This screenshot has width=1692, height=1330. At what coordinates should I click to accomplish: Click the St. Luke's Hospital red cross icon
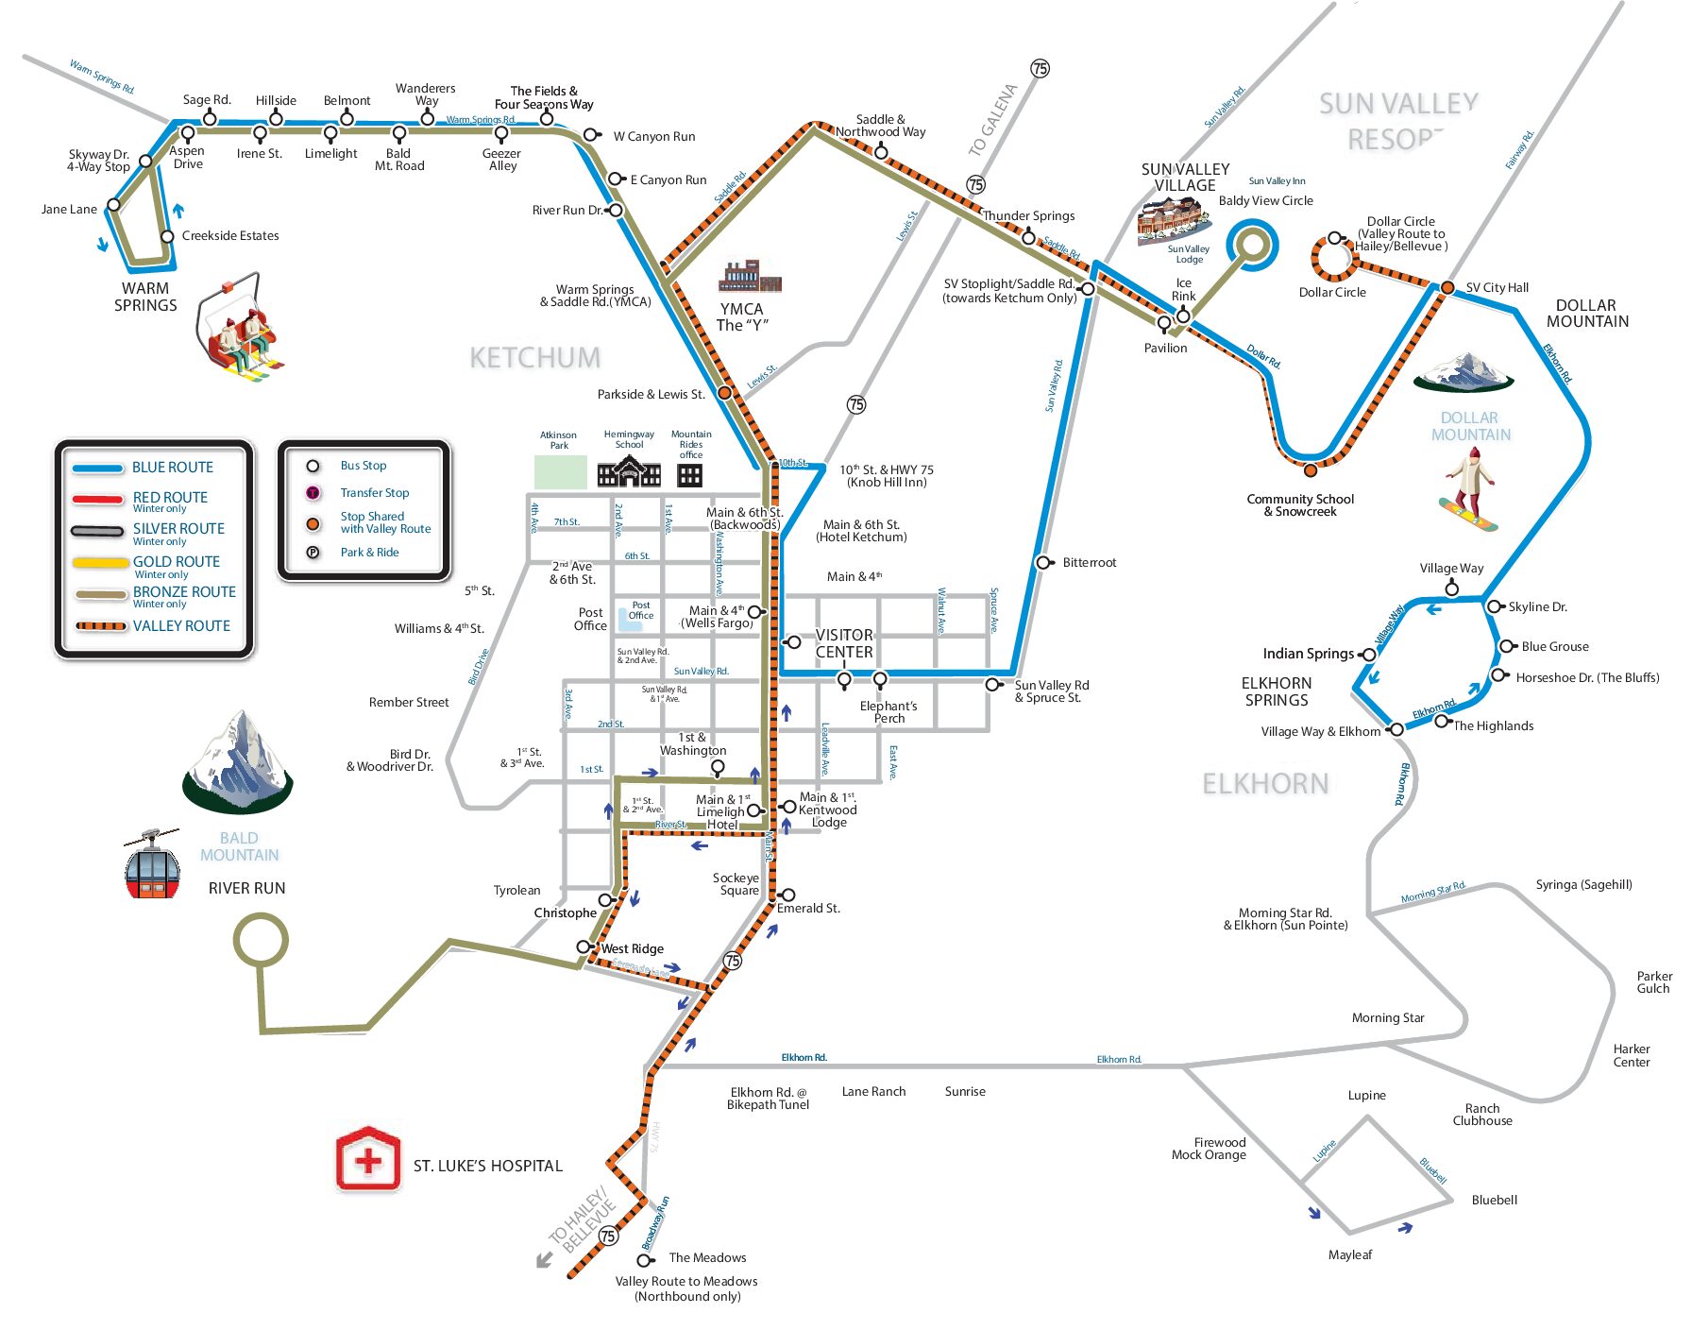pos(368,1159)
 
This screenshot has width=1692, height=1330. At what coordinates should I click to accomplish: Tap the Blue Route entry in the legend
pos(172,468)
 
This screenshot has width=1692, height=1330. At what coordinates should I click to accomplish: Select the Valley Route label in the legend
pos(181,626)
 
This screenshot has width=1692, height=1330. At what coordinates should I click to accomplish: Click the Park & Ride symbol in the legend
pos(313,553)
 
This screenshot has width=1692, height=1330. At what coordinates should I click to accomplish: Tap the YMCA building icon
pos(750,277)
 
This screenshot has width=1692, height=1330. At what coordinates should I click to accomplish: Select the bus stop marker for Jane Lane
pos(114,205)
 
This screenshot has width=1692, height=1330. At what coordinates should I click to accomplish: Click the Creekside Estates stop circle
pos(167,236)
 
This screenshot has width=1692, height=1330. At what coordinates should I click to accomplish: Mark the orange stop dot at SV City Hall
pos(1447,287)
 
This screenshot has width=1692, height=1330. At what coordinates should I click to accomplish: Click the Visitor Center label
pos(844,643)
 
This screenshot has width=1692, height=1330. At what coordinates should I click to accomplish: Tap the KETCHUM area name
pos(534,358)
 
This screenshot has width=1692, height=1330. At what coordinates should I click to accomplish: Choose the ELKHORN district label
pos(1265,784)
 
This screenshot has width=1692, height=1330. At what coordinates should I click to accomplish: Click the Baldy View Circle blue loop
pos(1252,245)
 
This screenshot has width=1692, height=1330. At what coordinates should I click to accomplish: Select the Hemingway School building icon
pos(629,470)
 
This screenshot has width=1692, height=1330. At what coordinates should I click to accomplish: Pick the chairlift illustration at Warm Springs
pos(239,329)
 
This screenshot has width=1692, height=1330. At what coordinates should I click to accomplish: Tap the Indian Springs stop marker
pos(1368,655)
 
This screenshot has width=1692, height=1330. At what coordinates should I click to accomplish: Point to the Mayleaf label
pos(1350,1255)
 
